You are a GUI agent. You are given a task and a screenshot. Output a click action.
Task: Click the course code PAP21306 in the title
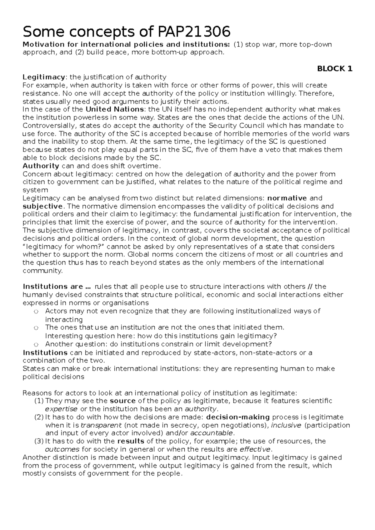[x=193, y=32]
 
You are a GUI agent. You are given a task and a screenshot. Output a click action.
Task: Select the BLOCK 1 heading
[x=335, y=69]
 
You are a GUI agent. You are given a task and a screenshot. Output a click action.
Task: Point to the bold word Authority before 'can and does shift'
[x=41, y=166]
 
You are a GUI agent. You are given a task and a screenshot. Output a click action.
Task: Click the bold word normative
[x=287, y=198]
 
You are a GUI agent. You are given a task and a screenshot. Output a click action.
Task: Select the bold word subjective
[x=42, y=206]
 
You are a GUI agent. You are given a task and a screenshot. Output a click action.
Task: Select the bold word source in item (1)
[x=123, y=401]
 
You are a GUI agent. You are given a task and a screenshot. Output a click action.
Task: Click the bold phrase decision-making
[x=238, y=417]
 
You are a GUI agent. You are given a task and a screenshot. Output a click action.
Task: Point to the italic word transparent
[x=101, y=425]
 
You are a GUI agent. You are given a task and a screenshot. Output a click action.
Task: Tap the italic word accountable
[x=211, y=433]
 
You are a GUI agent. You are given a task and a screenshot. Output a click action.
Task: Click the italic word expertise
[x=61, y=409]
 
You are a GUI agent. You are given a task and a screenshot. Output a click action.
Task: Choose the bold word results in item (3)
[x=131, y=441]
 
